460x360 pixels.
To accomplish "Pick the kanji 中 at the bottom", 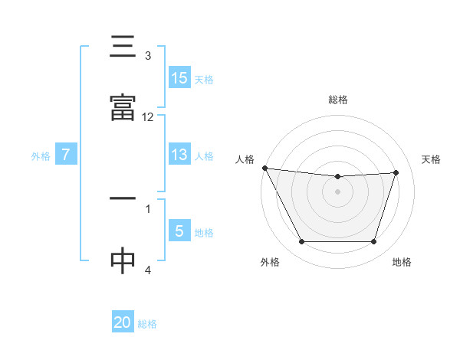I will [123, 260].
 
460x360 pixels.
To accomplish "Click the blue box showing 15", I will [179, 77].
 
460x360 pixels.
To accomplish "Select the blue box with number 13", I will [179, 155].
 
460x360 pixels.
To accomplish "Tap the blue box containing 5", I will [179, 231].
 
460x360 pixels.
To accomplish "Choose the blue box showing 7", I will [66, 155].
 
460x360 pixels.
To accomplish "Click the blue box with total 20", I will [123, 322].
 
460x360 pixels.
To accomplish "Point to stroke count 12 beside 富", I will [148, 117].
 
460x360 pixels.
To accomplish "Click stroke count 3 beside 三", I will [148, 56].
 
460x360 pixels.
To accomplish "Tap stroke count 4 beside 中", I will [148, 270].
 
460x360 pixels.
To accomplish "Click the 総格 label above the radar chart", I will [338, 100].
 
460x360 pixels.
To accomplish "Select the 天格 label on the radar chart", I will [432, 159].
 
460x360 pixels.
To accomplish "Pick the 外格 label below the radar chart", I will [269, 263].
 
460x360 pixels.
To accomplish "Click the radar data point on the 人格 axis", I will [264, 168].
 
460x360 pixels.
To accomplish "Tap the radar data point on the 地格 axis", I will [373, 242].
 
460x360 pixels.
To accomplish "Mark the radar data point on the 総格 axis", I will [338, 177].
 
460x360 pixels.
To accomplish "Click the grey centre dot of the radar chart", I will [338, 191].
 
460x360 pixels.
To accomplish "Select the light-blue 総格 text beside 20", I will [148, 324].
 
